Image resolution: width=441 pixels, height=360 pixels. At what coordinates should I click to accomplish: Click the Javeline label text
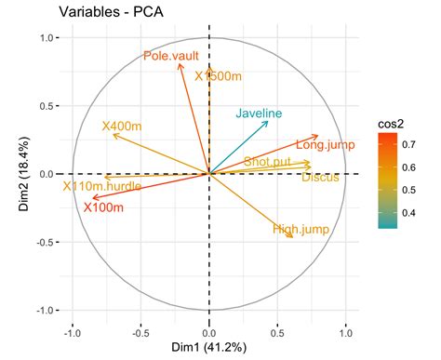(x=259, y=113)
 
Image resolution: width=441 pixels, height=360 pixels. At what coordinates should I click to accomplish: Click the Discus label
(x=320, y=177)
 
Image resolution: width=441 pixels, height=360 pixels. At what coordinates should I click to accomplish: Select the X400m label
(x=121, y=126)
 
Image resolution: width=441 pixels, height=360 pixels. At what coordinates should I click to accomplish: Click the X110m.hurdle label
(x=102, y=187)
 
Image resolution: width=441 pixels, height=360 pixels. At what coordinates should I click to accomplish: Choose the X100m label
(x=103, y=207)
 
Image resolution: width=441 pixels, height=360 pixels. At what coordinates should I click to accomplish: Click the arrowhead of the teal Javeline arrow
(x=268, y=122)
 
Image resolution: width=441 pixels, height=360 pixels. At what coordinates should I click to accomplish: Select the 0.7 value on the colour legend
(x=411, y=144)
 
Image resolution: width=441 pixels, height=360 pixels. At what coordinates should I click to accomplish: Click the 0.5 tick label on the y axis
(x=42, y=105)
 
